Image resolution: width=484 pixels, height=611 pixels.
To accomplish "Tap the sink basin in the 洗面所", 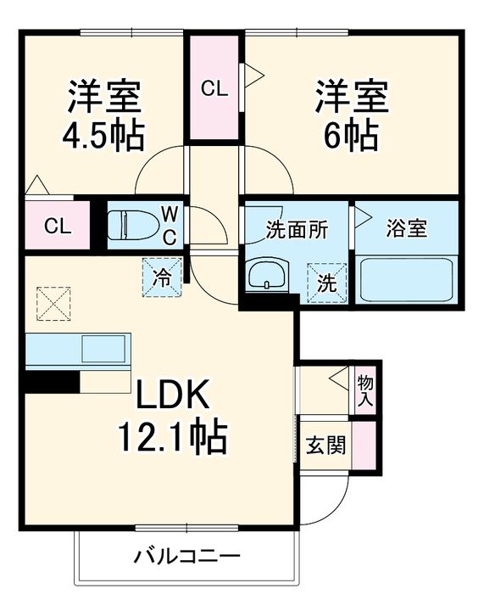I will [x=268, y=276].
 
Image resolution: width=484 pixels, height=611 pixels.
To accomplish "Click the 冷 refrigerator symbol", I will [x=161, y=277].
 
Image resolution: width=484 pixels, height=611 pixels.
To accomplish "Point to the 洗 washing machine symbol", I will [x=326, y=283].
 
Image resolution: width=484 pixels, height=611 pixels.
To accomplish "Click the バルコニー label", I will [x=186, y=557].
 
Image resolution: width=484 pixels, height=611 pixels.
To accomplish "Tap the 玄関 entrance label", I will [x=325, y=444].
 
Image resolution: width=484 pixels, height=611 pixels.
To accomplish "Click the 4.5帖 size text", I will [x=103, y=135].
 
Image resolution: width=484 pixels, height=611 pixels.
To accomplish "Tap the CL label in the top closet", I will [x=214, y=87].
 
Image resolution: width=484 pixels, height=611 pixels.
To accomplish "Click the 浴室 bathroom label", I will [x=406, y=228].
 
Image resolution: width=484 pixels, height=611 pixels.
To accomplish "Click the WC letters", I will [x=170, y=224].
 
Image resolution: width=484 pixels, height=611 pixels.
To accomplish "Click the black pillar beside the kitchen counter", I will [x=51, y=383].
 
